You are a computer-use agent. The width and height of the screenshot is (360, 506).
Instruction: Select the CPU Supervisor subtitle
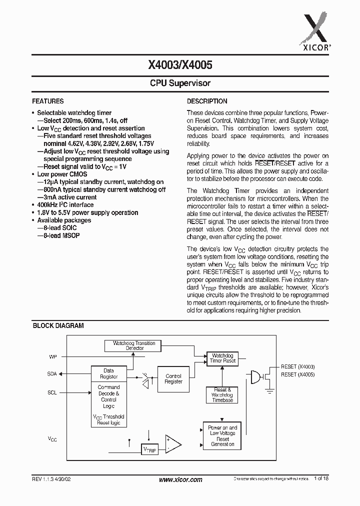[x=180, y=83]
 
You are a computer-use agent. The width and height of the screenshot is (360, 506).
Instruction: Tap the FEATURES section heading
[x=48, y=101]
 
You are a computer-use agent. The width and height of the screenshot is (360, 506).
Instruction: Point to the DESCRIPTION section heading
[x=207, y=101]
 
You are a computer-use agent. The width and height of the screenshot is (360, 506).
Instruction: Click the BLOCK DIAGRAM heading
[x=58, y=325]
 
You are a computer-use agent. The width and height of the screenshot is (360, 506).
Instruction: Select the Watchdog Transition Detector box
[x=134, y=345]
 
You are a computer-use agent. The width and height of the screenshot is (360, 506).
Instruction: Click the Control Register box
[x=173, y=379]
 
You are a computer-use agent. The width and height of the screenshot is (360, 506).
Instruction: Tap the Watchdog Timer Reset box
[x=222, y=358]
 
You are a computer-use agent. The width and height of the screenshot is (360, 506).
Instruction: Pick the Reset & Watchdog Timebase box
[x=222, y=395]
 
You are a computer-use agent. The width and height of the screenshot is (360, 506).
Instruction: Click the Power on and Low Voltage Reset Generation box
[x=222, y=436]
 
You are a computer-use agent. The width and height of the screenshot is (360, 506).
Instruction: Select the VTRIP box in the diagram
[x=150, y=450]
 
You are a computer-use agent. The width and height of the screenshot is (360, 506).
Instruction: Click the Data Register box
[x=108, y=373]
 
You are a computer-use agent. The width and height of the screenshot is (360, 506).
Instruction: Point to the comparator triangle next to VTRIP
[x=172, y=444]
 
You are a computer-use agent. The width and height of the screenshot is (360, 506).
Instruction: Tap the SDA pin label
[x=52, y=373]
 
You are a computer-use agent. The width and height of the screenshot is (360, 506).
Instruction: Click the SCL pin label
[x=52, y=393]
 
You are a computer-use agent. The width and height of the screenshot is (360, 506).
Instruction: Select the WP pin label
[x=53, y=357]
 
